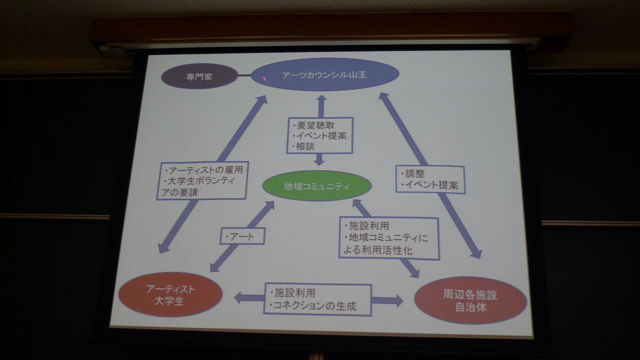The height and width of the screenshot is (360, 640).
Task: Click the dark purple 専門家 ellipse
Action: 199,77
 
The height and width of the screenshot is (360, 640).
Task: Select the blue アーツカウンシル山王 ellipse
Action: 324,75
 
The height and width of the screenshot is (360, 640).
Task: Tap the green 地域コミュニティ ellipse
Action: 317,186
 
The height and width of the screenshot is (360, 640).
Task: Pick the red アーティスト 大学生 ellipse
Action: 170,294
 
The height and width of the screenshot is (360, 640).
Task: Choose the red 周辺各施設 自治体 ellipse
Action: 470,300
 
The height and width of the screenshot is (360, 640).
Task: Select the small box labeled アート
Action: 242,236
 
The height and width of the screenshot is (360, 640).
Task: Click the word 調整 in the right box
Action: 413,174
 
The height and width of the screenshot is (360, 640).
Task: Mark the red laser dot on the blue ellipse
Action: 265,78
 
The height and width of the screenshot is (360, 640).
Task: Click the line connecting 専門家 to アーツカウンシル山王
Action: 244,76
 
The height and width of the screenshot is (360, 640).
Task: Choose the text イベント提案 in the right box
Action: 430,185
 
